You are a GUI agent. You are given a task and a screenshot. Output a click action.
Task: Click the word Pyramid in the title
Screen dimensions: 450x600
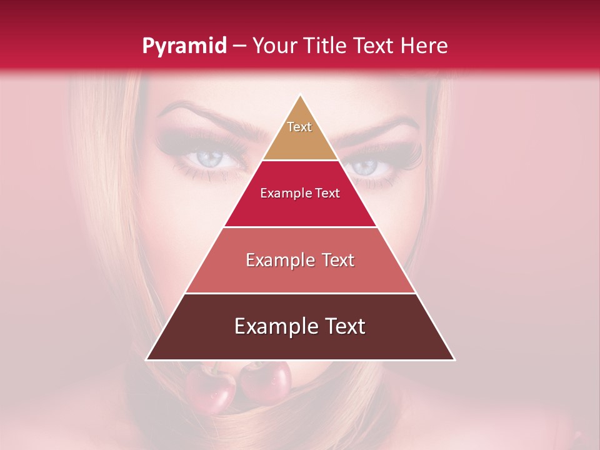click(x=184, y=46)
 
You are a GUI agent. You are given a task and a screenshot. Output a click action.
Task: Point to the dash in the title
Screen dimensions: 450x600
click(x=239, y=46)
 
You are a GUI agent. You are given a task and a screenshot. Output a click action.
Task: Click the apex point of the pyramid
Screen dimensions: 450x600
click(x=301, y=96)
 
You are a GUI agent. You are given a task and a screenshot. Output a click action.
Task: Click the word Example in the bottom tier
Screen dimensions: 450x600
click(x=272, y=326)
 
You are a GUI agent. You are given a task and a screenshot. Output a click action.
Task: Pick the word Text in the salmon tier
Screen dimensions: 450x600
click(x=333, y=260)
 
